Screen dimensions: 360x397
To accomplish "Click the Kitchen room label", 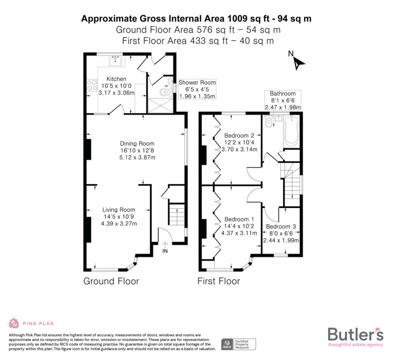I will pyautogui.click(x=116, y=79).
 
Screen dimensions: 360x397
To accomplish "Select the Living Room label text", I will pyautogui.click(x=119, y=210).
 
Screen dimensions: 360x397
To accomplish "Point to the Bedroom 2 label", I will pyautogui.click(x=239, y=136).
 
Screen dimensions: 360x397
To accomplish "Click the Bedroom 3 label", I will pyautogui.click(x=281, y=227).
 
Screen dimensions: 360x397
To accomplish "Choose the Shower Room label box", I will pyautogui.click(x=197, y=89).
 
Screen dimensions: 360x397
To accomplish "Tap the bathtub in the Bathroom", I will pyautogui.click(x=291, y=131).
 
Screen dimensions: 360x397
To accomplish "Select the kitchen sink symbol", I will pyautogui.click(x=115, y=61).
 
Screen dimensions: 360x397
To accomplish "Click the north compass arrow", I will pyautogui.click(x=299, y=62).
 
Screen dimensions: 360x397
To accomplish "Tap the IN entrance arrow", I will pyautogui.click(x=165, y=247).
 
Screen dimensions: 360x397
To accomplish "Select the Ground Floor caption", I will pyautogui.click(x=111, y=281).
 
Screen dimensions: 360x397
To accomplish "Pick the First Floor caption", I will pyautogui.click(x=219, y=281).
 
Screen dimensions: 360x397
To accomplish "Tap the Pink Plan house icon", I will pyautogui.click(x=14, y=323).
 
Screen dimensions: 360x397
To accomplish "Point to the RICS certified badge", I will pyautogui.click(x=238, y=344).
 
